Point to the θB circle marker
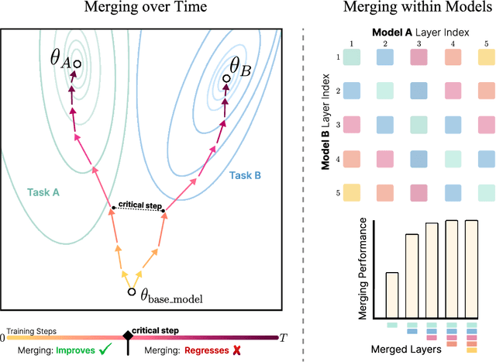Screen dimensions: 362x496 click(x=226, y=78)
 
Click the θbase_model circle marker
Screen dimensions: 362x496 click(x=131, y=292)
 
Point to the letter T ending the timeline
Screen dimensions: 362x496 click(x=284, y=337)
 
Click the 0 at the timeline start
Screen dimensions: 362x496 click(x=3, y=338)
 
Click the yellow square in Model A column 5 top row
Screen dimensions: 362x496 click(x=484, y=57)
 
